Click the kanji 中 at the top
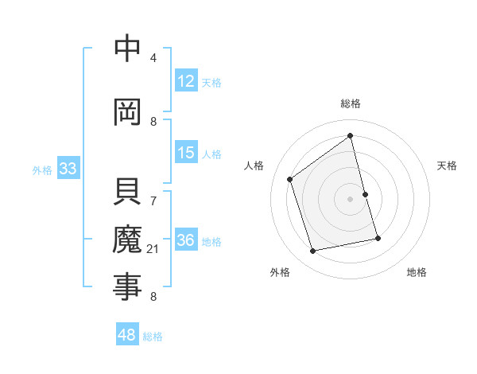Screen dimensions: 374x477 pyautogui.click(x=127, y=49)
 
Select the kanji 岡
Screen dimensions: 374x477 pyautogui.click(x=127, y=112)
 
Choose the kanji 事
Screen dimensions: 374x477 pyautogui.click(x=127, y=286)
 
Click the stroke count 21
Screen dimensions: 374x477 pyautogui.click(x=153, y=249)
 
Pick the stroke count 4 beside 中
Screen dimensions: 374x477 pyautogui.click(x=153, y=58)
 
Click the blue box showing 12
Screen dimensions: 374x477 pyautogui.click(x=186, y=81)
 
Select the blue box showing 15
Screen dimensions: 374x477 pyautogui.click(x=186, y=153)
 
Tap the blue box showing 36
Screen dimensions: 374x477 pyautogui.click(x=186, y=240)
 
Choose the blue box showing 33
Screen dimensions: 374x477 pyautogui.click(x=68, y=169)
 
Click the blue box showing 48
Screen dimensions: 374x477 pyautogui.click(x=127, y=335)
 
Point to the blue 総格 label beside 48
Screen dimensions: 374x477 pyautogui.click(x=153, y=337)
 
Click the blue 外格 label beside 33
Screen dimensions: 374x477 pyautogui.click(x=42, y=169)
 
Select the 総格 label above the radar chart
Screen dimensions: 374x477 pyautogui.click(x=350, y=103)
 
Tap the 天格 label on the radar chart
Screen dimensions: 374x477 pyautogui.click(x=447, y=166)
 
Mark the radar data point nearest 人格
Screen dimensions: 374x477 pyautogui.click(x=290, y=179)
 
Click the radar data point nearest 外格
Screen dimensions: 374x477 pyautogui.click(x=313, y=251)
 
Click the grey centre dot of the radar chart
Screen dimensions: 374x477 pyautogui.click(x=350, y=199)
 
